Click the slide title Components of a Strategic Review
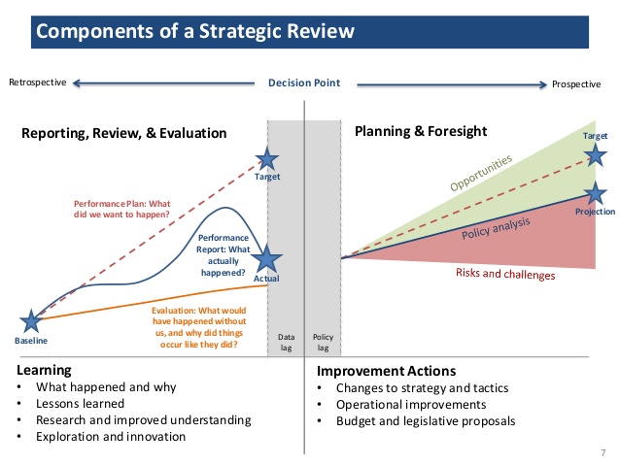click(x=195, y=33)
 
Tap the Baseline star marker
click(x=32, y=321)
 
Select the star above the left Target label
click(x=266, y=160)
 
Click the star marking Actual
click(x=267, y=258)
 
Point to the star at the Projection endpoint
click(x=597, y=194)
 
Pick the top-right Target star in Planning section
click(x=596, y=153)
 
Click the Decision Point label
click(x=304, y=83)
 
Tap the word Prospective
click(x=576, y=84)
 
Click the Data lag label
click(x=286, y=343)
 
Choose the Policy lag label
click(x=323, y=343)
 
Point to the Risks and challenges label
click(x=505, y=275)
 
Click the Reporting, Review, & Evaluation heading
click(x=123, y=133)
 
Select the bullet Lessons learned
click(x=81, y=404)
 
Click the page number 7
click(x=603, y=452)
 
